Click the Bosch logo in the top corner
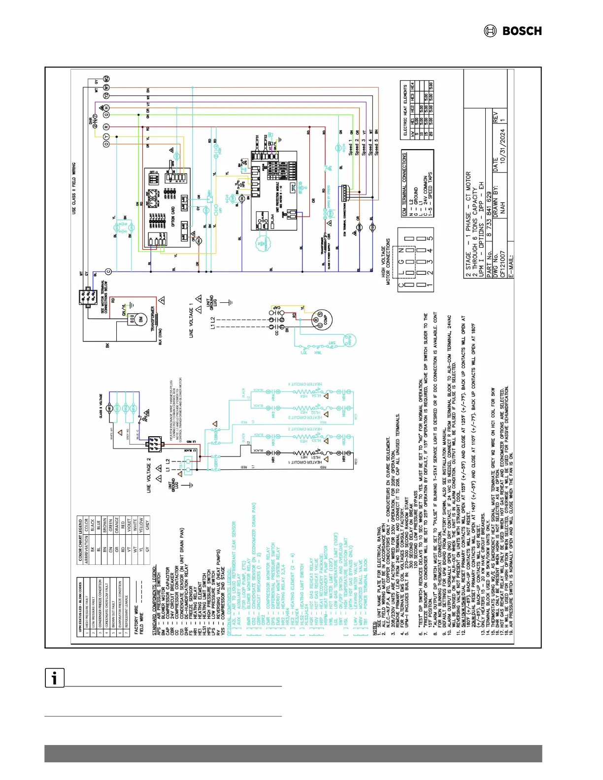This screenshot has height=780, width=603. click(x=513, y=31)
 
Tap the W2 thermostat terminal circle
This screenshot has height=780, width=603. click(x=106, y=79)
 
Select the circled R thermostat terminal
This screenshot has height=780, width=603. click(x=106, y=127)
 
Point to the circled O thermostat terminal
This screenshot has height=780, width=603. click(x=106, y=144)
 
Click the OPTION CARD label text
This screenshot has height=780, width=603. click(x=173, y=217)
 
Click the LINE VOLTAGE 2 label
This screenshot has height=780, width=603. click(x=148, y=476)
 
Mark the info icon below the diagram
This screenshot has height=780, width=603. click(x=55, y=678)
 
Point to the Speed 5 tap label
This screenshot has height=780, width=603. click(x=377, y=147)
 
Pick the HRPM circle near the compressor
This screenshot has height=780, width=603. click(x=349, y=340)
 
